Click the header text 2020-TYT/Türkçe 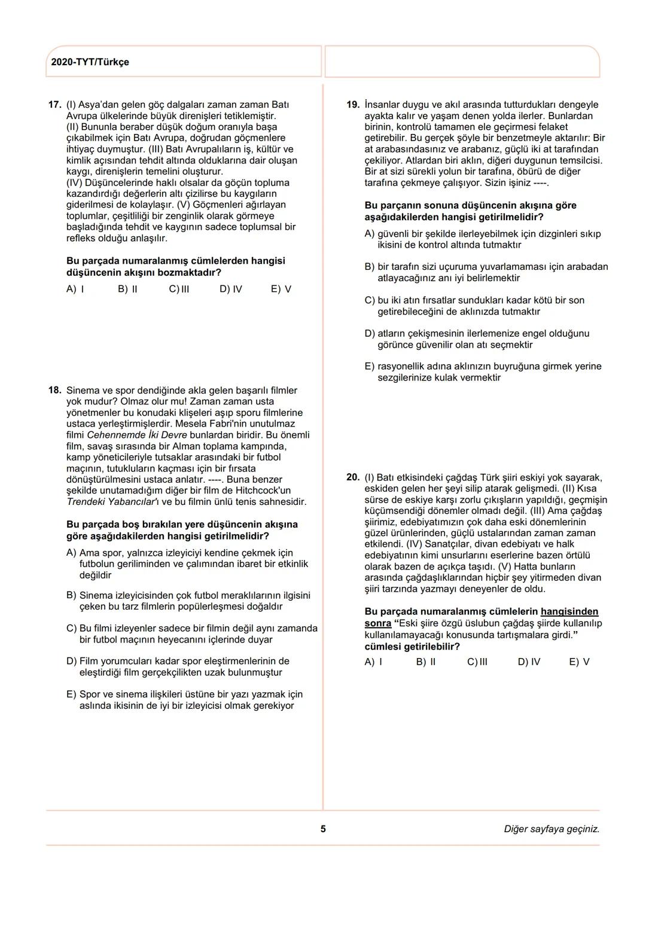[90, 62]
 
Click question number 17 [54, 105]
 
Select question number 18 [54, 391]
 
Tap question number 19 [353, 105]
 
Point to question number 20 [353, 477]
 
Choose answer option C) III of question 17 [179, 290]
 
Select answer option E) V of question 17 [281, 290]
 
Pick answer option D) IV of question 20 [529, 662]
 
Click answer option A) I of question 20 [373, 662]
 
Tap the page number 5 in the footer [323, 829]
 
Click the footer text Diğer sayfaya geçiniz [551, 829]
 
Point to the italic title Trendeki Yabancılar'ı [112, 502]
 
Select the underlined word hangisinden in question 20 [569, 612]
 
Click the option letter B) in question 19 [370, 267]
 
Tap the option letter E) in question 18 [71, 695]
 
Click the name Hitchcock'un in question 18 [263, 491]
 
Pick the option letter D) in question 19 [370, 333]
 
